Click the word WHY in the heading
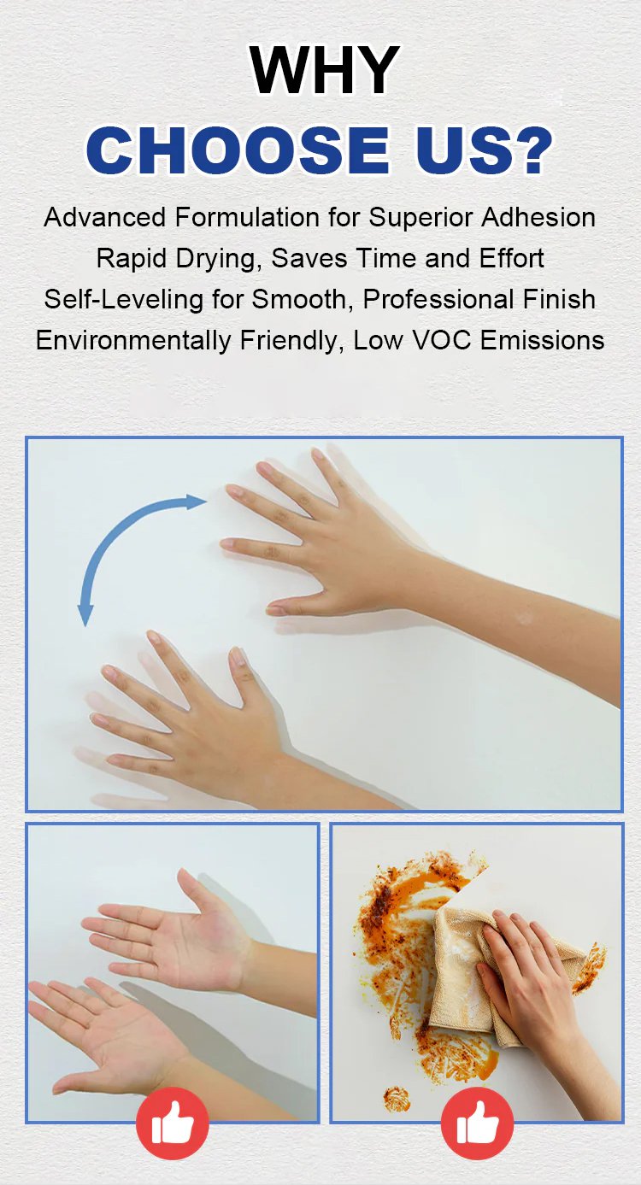324,70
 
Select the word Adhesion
538,217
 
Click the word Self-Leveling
123,299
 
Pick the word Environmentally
133,340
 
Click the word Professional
439,299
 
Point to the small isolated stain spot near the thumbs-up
396,1097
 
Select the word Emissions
543,340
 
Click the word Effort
512,259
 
